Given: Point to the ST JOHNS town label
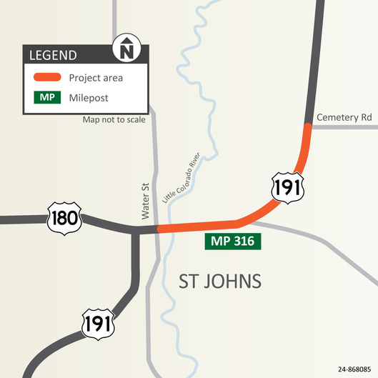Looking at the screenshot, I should tap(219, 280).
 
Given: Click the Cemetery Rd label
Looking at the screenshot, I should tap(345, 116).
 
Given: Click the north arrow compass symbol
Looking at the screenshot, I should tap(127, 51).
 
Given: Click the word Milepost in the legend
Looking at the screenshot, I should tap(89, 97).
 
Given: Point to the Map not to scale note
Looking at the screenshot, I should tap(114, 119).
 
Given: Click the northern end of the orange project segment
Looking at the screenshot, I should tap(308, 127).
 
